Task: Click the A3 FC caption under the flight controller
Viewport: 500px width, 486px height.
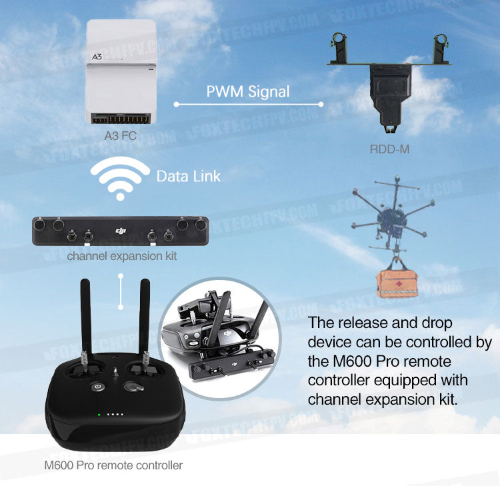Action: (x=121, y=135)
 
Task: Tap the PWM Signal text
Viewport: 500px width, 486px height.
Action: (x=248, y=91)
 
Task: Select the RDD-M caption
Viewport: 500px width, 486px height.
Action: (x=389, y=149)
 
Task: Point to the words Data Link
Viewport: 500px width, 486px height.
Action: (x=188, y=177)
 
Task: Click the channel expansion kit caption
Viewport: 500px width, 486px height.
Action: (x=122, y=256)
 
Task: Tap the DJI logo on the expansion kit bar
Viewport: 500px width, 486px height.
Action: (x=121, y=231)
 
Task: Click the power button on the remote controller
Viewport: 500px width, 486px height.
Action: (x=98, y=386)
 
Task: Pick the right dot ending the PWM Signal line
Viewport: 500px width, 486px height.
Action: (x=321, y=104)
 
